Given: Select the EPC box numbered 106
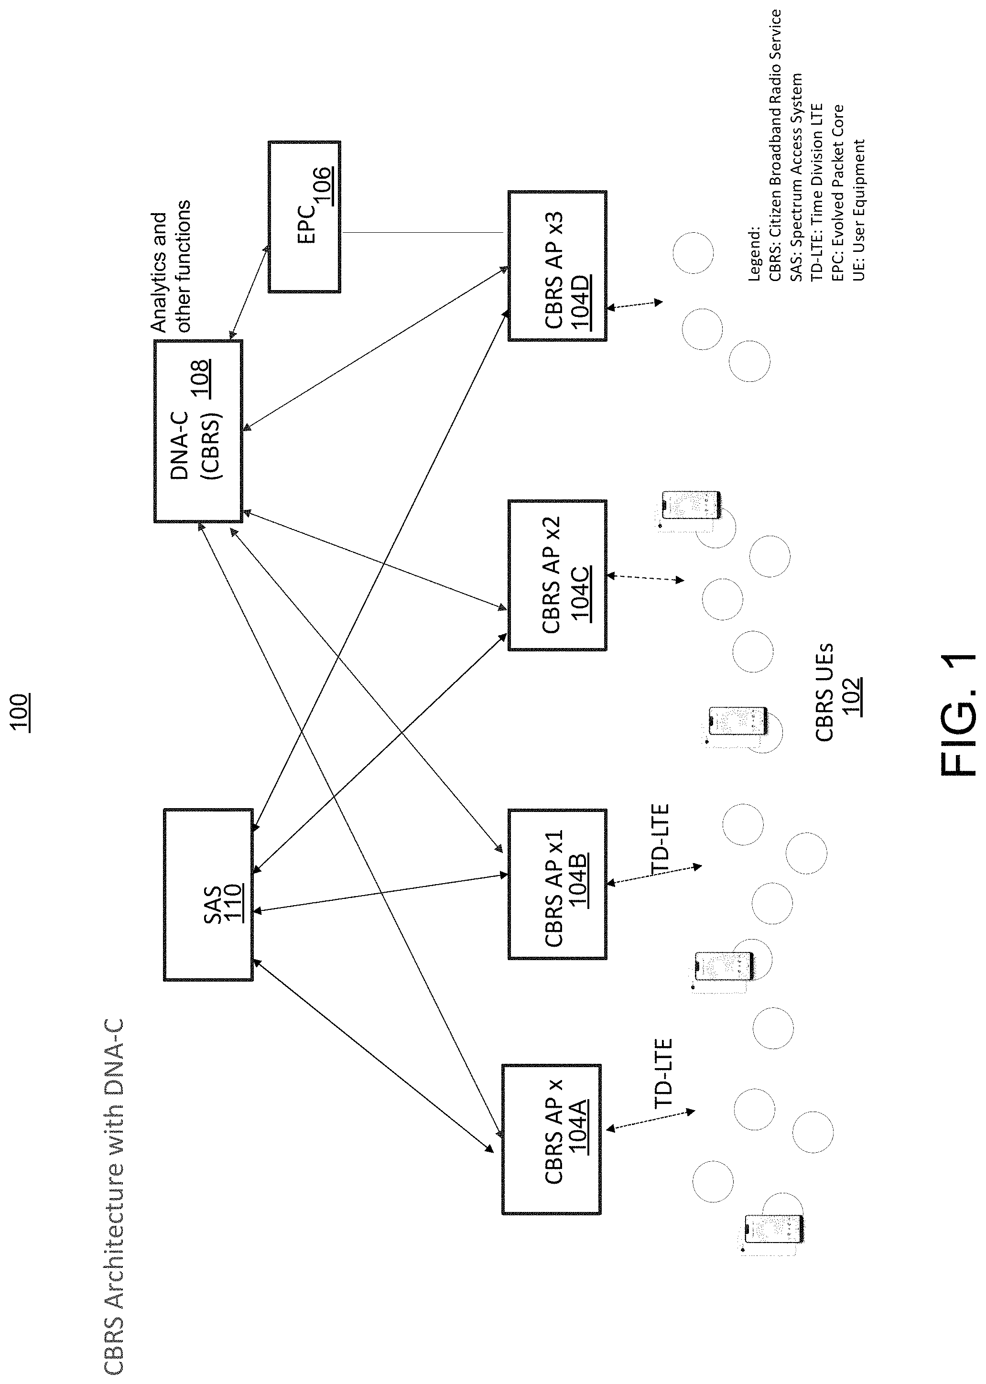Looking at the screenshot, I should pos(304,216).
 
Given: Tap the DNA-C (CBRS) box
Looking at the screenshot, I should pos(198,431).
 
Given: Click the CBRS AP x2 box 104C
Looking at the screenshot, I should pos(557,575).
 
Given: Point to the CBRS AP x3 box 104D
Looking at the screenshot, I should pos(557,266).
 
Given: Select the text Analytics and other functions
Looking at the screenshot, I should pos(171,266).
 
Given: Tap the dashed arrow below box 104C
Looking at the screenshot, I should pos(645,577).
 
